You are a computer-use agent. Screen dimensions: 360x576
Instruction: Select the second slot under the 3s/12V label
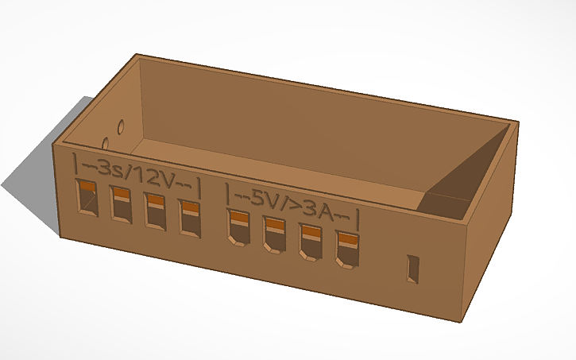(x=121, y=204)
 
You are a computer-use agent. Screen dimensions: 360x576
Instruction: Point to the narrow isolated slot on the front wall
(x=412, y=268)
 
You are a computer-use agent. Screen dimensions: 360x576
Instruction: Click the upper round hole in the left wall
(x=122, y=126)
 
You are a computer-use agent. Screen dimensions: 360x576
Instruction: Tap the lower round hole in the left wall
(x=105, y=144)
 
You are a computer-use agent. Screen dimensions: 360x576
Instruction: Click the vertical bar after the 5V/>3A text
(x=358, y=218)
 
